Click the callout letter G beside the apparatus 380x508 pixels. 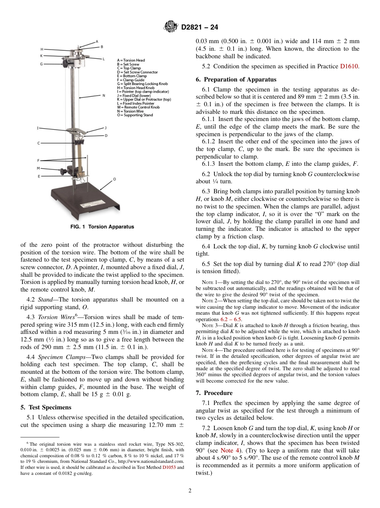41,64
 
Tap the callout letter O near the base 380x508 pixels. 114,179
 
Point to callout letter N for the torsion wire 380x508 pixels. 104,95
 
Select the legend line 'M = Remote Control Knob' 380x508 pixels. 138,107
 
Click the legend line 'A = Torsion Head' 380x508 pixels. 131,60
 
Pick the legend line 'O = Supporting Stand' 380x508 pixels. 135,115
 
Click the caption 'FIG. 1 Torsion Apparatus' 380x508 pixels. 102,227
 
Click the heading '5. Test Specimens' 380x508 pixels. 46,407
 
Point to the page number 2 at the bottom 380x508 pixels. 190,491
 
